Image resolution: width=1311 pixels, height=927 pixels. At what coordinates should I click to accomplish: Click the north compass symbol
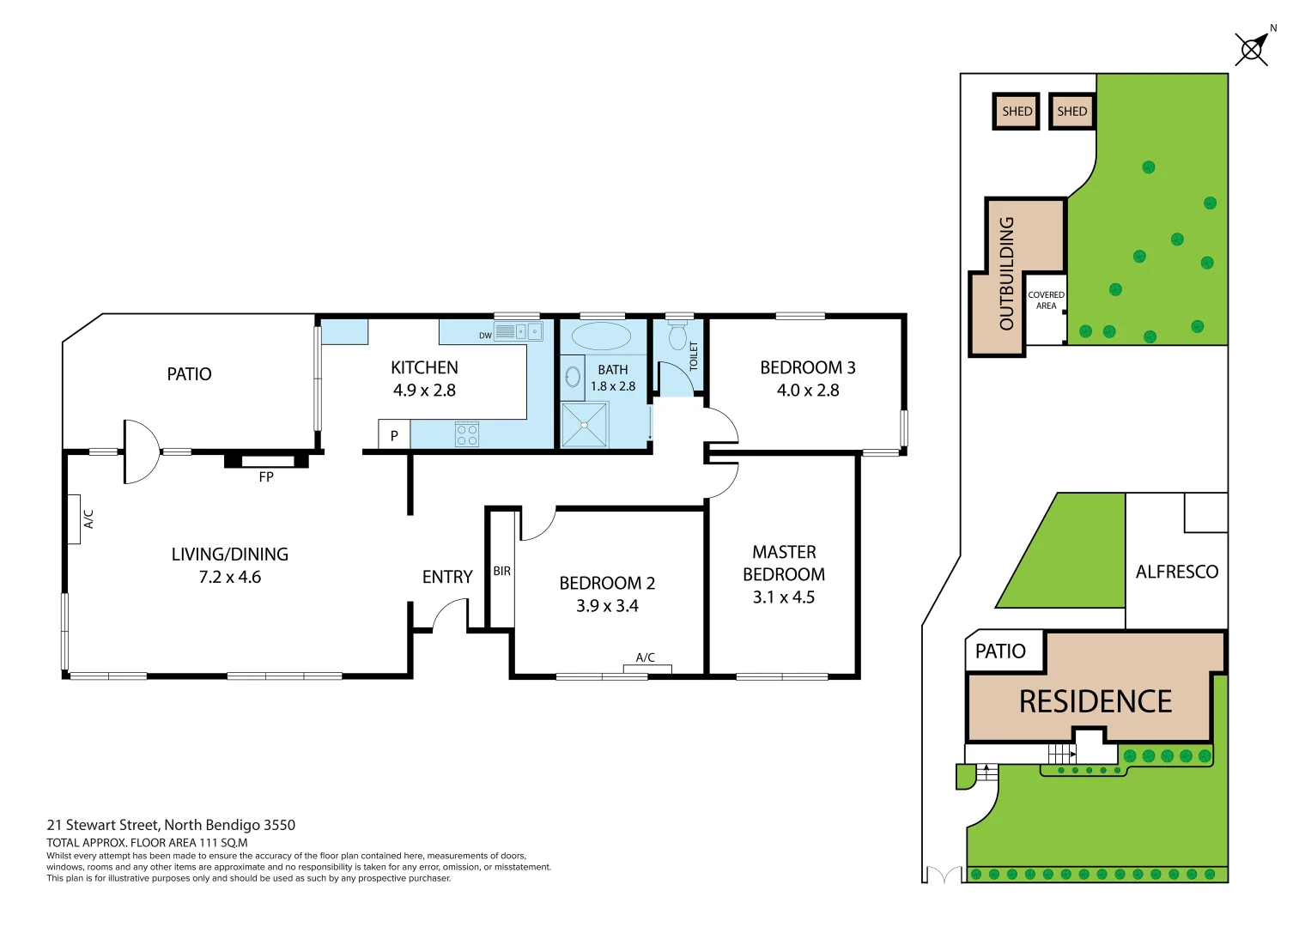tap(1253, 48)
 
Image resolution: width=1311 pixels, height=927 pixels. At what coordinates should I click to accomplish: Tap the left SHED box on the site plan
tap(1017, 112)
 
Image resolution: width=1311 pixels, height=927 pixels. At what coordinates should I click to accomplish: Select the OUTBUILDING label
tap(1006, 273)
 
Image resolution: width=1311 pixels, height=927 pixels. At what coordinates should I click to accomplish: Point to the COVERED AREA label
tap(1046, 300)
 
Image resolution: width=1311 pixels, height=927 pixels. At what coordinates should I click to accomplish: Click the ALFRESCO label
tap(1176, 572)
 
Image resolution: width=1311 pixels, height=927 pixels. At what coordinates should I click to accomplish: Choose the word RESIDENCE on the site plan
tap(1095, 702)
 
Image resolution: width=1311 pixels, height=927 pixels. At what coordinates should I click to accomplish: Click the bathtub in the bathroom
tap(601, 336)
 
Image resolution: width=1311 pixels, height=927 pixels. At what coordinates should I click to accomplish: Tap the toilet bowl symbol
tap(678, 336)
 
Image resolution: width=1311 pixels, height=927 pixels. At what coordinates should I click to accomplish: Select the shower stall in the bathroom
tap(585, 425)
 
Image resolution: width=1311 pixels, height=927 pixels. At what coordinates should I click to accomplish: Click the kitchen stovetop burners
tap(467, 434)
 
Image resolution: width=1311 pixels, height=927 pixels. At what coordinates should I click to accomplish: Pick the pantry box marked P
tap(394, 435)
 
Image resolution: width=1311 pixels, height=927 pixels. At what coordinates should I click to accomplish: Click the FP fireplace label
tap(266, 476)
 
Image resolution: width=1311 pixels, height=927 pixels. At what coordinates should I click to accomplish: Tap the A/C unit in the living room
tap(75, 519)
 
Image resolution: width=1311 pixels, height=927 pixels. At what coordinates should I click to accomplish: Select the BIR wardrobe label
tap(501, 571)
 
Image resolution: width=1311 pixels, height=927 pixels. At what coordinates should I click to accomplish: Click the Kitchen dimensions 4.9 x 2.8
tap(424, 391)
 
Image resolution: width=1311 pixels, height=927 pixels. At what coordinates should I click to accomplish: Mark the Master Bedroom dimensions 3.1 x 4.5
tap(783, 597)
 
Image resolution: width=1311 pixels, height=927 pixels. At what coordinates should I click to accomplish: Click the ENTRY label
tap(447, 577)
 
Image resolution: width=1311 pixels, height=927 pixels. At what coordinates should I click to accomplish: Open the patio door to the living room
tap(141, 452)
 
